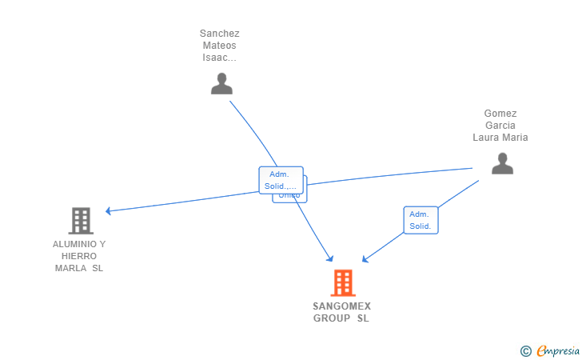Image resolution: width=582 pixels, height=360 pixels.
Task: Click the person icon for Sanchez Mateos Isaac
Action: pos(221,83)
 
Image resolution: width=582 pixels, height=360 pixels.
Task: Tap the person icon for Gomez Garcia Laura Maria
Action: pos(502,163)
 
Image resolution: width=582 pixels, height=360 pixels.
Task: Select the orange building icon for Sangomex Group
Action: pos(342,282)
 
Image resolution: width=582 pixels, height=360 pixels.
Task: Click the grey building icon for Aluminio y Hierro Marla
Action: pos(80,220)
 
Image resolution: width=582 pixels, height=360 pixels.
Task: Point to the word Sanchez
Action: pos(220,34)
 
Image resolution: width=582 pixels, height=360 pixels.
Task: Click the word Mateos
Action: pos(220,46)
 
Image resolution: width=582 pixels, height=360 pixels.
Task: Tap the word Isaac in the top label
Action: pos(218,58)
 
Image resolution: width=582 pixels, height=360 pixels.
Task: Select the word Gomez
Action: pos(500,114)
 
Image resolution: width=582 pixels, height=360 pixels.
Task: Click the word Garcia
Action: pos(500,126)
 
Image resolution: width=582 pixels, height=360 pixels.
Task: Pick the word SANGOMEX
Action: pos(342,306)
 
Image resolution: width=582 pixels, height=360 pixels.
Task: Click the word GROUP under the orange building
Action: pos(331,318)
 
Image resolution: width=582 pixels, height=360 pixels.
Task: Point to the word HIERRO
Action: pos(79,256)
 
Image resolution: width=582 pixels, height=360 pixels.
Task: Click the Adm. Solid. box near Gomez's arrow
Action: pos(421,220)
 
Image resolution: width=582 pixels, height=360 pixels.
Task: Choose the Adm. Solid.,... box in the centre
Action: pos(281,180)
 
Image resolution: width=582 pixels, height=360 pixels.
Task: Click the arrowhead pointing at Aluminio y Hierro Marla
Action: pos(109,211)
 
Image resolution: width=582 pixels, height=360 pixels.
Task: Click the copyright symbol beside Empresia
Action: pos(526,350)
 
